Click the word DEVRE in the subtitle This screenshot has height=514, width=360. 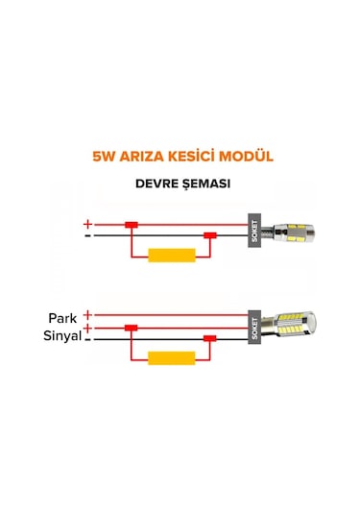click(153, 184)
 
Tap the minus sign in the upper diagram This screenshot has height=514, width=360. click(88, 234)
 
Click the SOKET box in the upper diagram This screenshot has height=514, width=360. click(253, 231)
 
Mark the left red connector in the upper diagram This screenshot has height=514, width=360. click(132, 225)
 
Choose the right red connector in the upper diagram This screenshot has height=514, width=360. click(206, 235)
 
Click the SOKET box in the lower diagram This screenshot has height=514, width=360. click(253, 328)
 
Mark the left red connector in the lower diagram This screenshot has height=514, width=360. click(132, 328)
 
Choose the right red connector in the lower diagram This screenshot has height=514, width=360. click(206, 338)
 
